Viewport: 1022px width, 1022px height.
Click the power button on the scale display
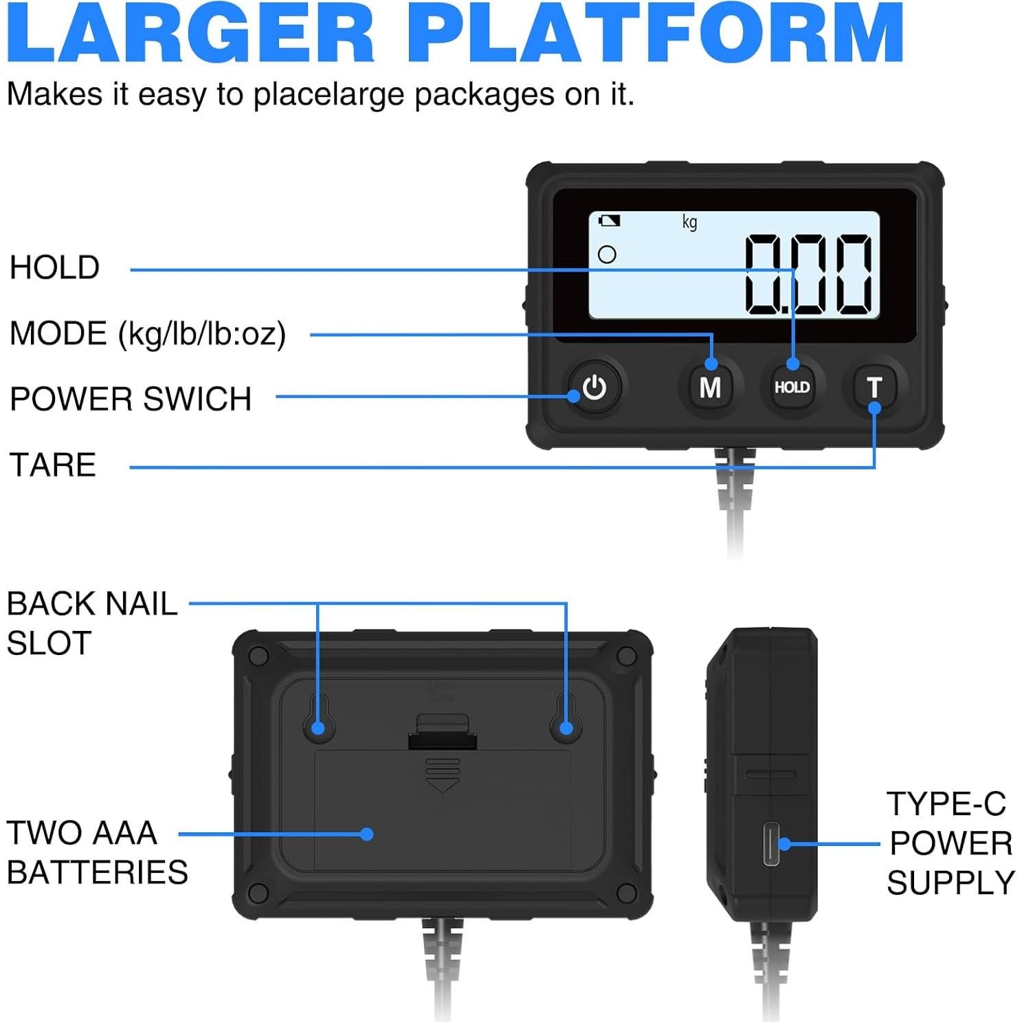594,388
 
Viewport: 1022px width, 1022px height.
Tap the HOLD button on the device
792,388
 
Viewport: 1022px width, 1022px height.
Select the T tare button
874,388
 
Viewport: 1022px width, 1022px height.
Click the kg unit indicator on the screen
689,222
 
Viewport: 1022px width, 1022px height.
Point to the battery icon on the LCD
609,221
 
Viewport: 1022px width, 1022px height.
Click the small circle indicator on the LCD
607,255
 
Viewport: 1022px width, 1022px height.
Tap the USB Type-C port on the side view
771,843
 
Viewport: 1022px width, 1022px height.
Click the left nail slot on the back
318,718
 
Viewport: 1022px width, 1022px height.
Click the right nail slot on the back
566,718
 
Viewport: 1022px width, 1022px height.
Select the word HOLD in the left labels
54,267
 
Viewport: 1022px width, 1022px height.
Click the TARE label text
52,465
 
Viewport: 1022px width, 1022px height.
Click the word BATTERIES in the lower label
97,873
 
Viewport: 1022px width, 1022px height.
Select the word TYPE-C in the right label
946,803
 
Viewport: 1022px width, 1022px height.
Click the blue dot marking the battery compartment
367,834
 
